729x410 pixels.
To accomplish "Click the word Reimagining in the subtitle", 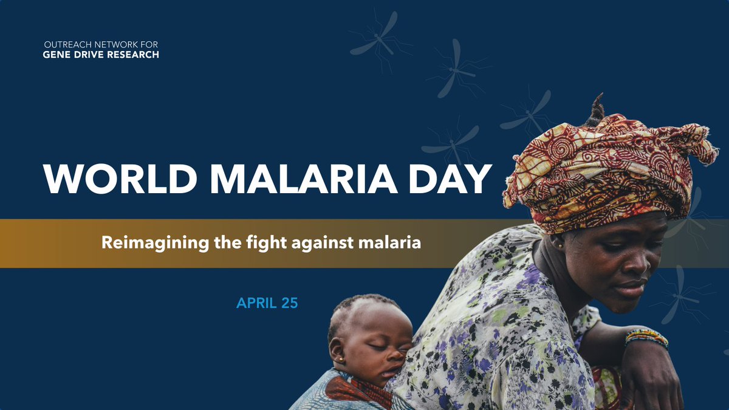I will coord(143,244).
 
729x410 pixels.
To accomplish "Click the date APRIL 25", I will coord(267,302).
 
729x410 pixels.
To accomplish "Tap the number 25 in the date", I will coord(289,302).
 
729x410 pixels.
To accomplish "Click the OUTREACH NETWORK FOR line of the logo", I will coord(101,46).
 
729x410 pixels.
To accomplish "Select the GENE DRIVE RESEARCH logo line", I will coord(101,55).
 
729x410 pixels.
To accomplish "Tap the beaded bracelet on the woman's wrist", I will coord(646,337).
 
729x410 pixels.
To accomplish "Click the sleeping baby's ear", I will coord(337,351).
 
